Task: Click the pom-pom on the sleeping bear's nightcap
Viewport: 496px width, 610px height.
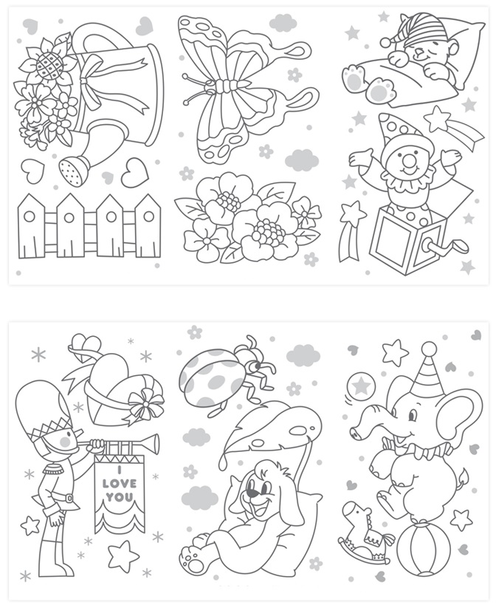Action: (386, 41)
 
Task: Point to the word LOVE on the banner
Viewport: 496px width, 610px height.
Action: (120, 484)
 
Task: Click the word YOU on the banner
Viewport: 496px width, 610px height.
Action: (120, 497)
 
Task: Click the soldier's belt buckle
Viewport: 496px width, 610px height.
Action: (69, 498)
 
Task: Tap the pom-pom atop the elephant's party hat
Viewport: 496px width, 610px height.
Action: (429, 348)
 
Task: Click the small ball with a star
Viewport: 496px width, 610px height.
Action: (362, 385)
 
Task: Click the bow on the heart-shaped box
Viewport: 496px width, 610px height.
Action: (145, 403)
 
